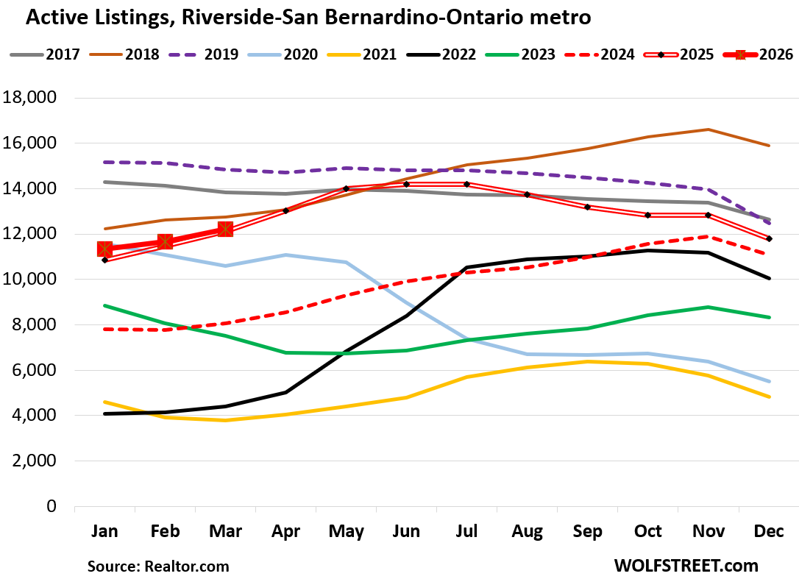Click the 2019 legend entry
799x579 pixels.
point(207,54)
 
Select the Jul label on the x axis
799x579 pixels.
point(466,532)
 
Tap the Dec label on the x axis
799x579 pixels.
point(768,532)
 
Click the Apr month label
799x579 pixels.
point(285,532)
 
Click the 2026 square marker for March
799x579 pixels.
point(225,229)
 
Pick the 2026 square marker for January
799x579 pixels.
point(104,249)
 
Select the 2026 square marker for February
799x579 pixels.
point(165,241)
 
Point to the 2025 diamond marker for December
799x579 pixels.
point(768,238)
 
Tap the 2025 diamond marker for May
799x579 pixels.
point(346,188)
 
